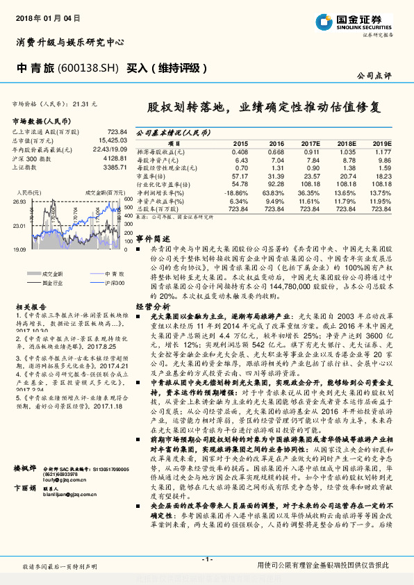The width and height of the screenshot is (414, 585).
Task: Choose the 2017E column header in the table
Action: click(310, 142)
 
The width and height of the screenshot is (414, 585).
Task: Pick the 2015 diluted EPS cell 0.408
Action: click(240, 151)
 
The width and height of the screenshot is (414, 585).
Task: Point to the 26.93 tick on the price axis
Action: click(19, 201)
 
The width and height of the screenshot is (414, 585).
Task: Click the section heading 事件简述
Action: click(151, 237)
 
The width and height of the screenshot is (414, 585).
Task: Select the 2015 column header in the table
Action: click(240, 142)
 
